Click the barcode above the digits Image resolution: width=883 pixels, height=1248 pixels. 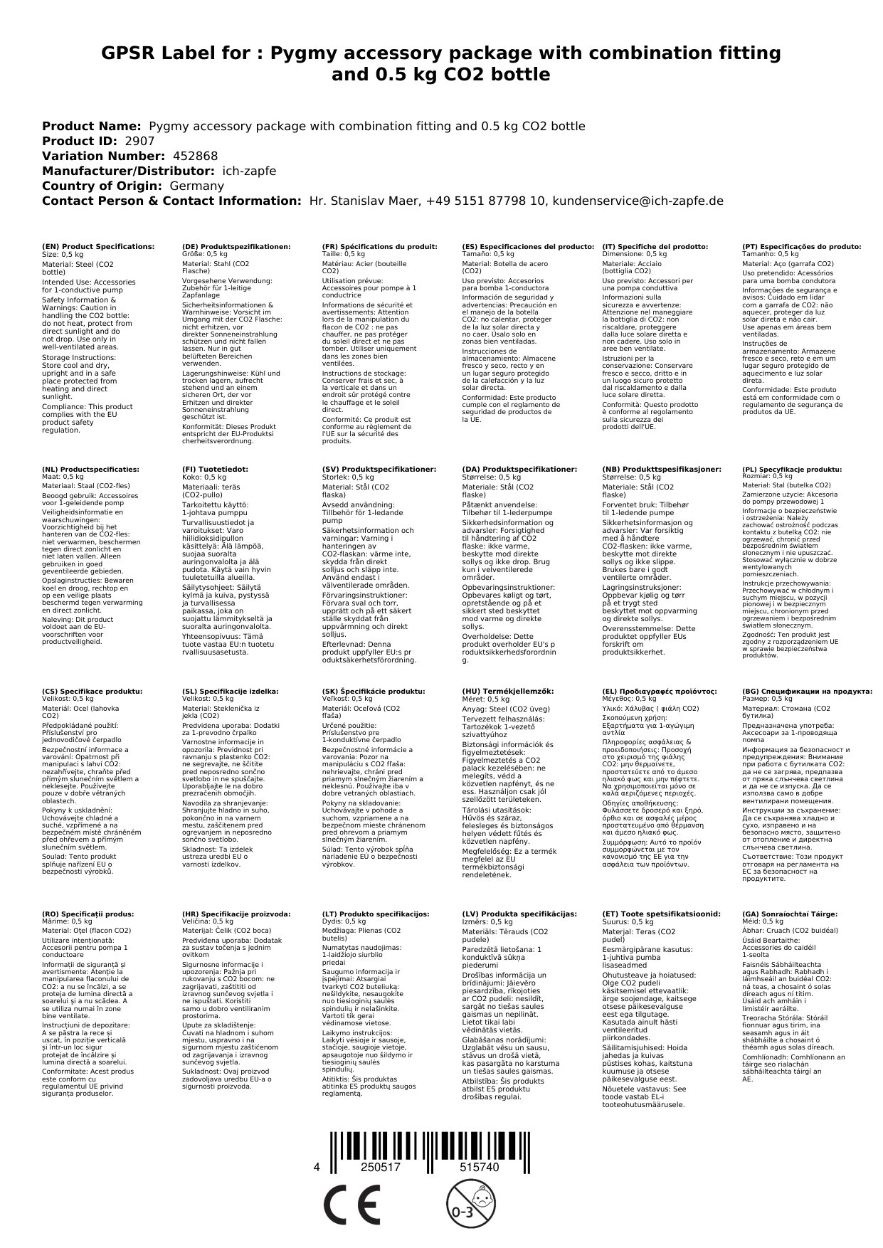[441, 1146]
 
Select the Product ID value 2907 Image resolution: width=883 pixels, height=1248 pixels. [139, 141]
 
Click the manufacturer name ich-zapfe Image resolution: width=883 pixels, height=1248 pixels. [248, 171]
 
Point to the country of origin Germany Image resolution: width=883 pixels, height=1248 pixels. [196, 186]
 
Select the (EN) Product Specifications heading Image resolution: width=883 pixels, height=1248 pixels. [98, 247]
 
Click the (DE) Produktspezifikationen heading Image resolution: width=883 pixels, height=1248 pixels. [236, 247]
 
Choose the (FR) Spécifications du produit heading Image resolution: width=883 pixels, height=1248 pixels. [379, 247]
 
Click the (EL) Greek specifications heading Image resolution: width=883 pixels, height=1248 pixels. [659, 691]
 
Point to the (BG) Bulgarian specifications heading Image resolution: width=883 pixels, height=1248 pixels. [807, 691]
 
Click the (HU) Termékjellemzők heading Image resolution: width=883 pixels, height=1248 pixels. [507, 691]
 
